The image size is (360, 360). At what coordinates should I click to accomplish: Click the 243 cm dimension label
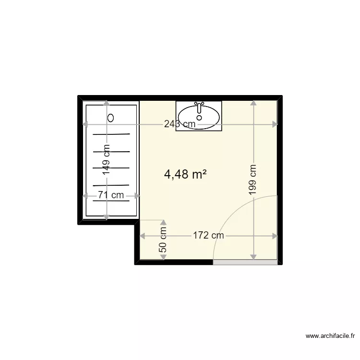pos(180,124)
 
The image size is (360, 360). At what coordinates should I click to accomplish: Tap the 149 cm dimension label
pos(106,159)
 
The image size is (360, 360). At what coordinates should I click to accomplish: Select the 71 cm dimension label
pos(111,195)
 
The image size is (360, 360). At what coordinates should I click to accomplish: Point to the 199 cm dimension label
pos(253,179)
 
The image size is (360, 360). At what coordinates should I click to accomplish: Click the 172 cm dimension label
pos(208,236)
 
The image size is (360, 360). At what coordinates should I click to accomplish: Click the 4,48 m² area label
pos(185,175)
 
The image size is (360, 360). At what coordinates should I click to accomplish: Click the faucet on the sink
pos(199,105)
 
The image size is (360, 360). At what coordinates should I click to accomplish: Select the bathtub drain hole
pos(111,117)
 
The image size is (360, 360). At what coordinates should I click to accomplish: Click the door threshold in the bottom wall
pos(245,263)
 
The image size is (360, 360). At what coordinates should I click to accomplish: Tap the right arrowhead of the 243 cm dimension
pos(275,124)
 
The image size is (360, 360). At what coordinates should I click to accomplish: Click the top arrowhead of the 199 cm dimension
pos(253,103)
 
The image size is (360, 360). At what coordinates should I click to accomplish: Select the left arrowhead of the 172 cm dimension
pos(143,236)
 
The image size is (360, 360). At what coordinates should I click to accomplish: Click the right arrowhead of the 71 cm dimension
pos(137,195)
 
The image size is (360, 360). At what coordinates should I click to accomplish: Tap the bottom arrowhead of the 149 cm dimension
pos(106,217)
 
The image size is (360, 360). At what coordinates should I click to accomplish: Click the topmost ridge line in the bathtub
pos(111,134)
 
